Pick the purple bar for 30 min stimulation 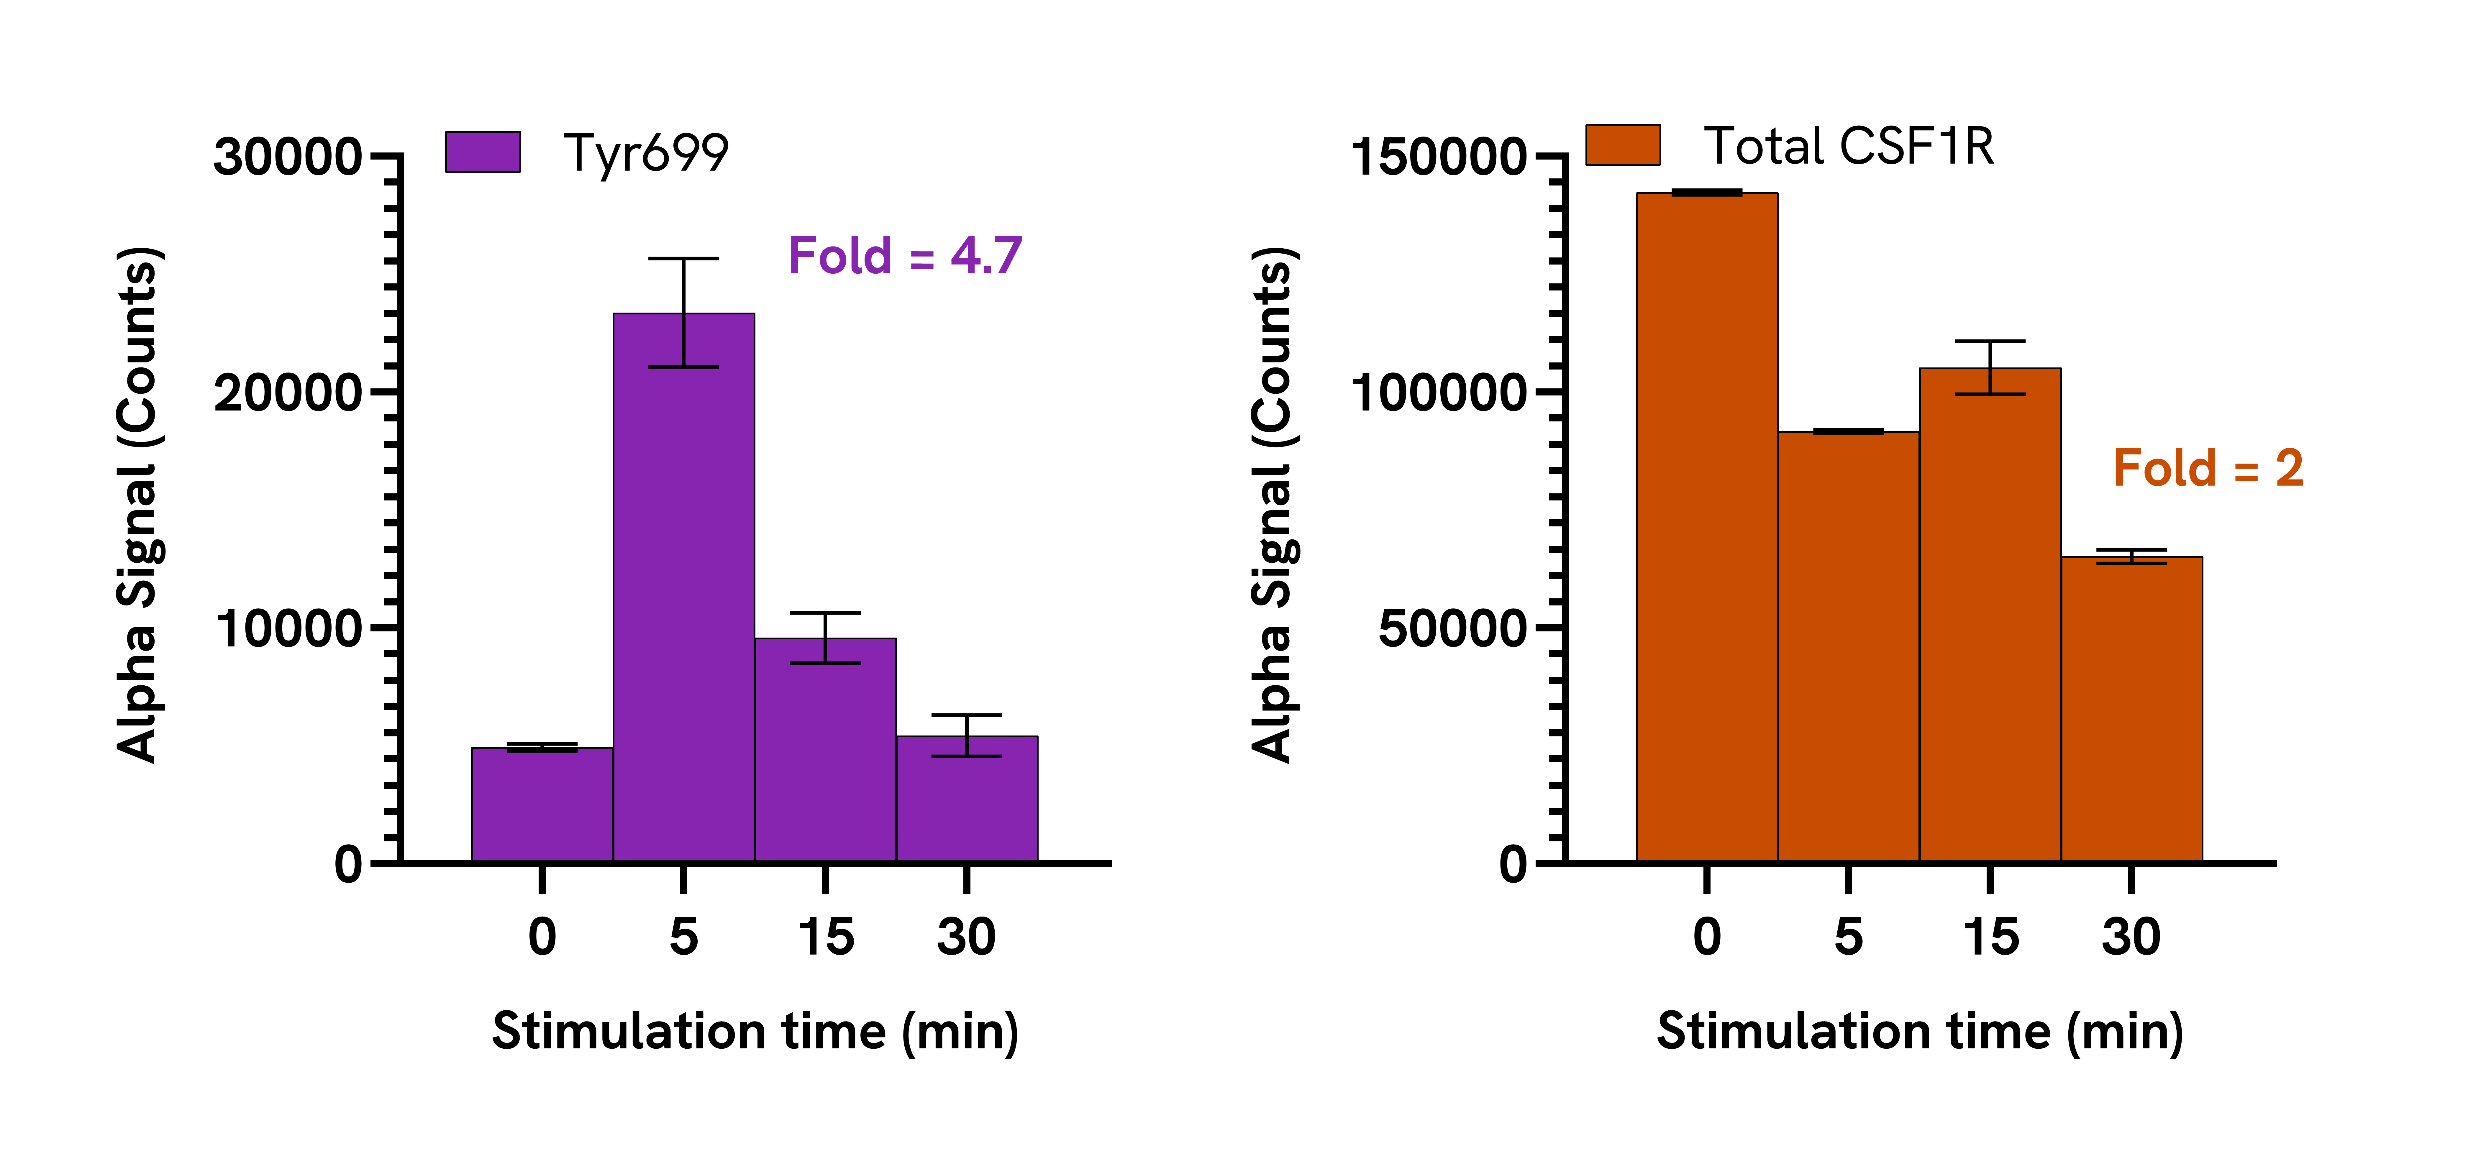967,799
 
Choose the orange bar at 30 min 2132,710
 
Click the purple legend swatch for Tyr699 483,152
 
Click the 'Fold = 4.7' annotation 905,256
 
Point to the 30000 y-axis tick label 287,156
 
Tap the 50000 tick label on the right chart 1452,628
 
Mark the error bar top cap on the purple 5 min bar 683,259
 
